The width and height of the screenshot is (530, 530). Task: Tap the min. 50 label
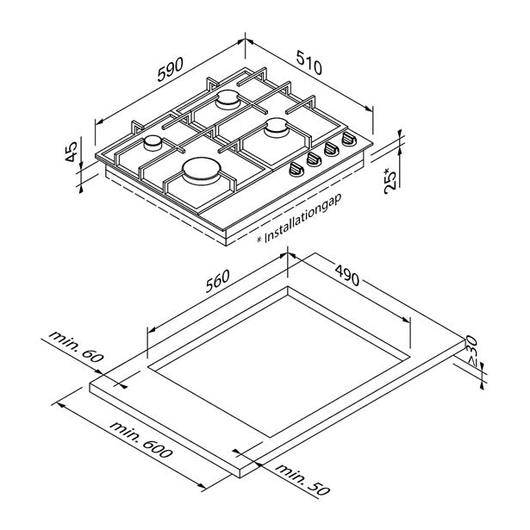[x=303, y=480]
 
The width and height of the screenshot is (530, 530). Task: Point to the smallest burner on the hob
[x=153, y=141]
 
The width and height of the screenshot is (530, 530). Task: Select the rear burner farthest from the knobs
[x=229, y=100]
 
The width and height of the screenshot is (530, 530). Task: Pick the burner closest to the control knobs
[x=277, y=128]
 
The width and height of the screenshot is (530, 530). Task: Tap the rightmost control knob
[x=349, y=139]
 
